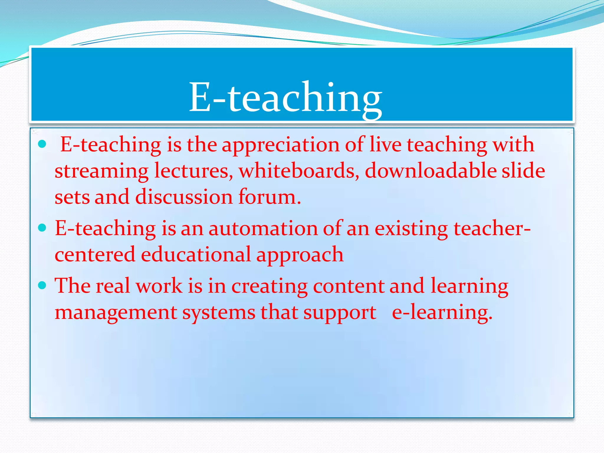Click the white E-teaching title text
[x=285, y=97]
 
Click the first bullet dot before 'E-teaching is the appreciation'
[x=42, y=144]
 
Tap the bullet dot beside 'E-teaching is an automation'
[x=42, y=228]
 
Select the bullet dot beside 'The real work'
[x=42, y=285]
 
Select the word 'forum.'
[x=270, y=197]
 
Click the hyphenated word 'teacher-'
[x=492, y=229]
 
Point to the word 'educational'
[x=196, y=255]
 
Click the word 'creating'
[x=269, y=286]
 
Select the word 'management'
[x=116, y=313]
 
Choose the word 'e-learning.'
[x=442, y=313]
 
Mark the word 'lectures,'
[x=193, y=171]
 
